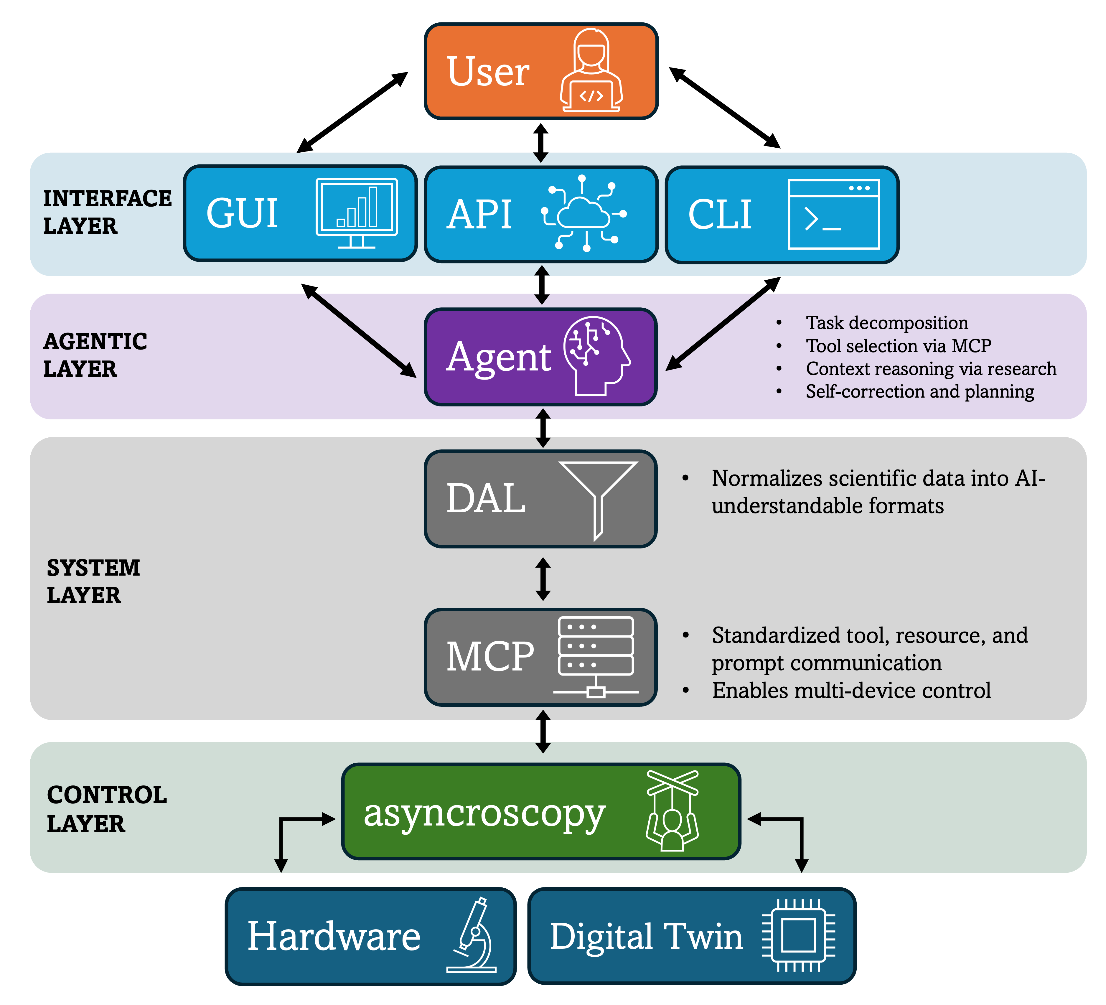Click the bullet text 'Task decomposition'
click(886, 322)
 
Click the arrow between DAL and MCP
click(543, 579)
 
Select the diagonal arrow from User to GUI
click(352, 112)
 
